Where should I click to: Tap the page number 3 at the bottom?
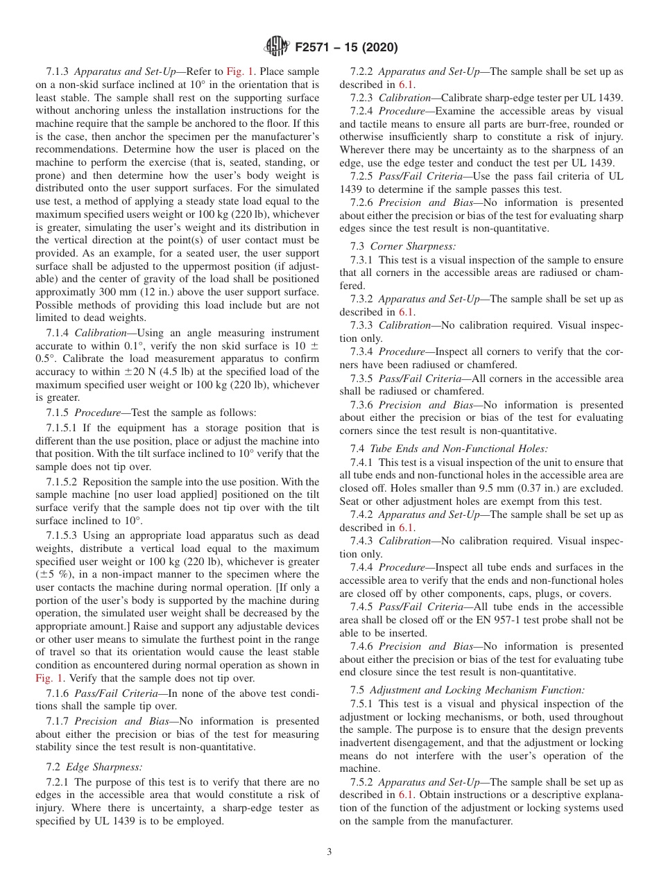click(x=329, y=851)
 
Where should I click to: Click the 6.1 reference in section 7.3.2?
click(x=406, y=312)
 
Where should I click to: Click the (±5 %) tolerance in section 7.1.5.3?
click(x=53, y=574)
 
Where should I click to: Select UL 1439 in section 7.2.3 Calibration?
click(x=602, y=98)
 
